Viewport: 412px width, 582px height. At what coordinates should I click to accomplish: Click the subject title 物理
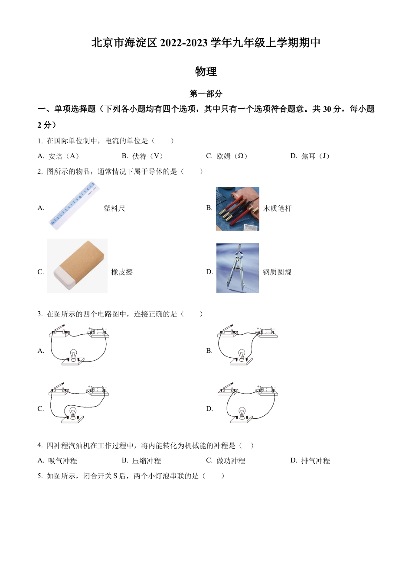206,71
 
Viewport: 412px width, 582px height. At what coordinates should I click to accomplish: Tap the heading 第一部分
206,94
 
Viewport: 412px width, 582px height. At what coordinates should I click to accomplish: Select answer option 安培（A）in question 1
63,156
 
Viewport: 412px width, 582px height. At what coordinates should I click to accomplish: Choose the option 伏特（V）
147,156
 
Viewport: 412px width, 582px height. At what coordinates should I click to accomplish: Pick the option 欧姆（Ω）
232,156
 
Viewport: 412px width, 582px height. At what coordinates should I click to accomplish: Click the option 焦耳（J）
315,156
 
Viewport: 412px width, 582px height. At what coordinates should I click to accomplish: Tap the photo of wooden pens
237,209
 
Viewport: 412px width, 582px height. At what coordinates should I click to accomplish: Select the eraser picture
77,266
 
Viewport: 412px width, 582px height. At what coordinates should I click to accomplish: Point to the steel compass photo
237,268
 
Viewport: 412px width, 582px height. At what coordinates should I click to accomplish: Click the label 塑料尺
114,208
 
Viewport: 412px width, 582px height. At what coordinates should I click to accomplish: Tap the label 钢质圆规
277,272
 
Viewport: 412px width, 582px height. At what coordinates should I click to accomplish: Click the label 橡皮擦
122,272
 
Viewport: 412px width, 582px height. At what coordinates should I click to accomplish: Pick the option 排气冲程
315,461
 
